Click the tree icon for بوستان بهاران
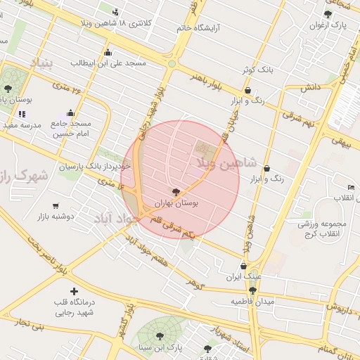(176, 191)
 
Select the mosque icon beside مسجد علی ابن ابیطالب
(107, 53)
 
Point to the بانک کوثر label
(255, 70)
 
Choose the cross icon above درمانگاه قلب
(74, 291)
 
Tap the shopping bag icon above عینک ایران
(243, 266)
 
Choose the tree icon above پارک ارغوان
(327, 14)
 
